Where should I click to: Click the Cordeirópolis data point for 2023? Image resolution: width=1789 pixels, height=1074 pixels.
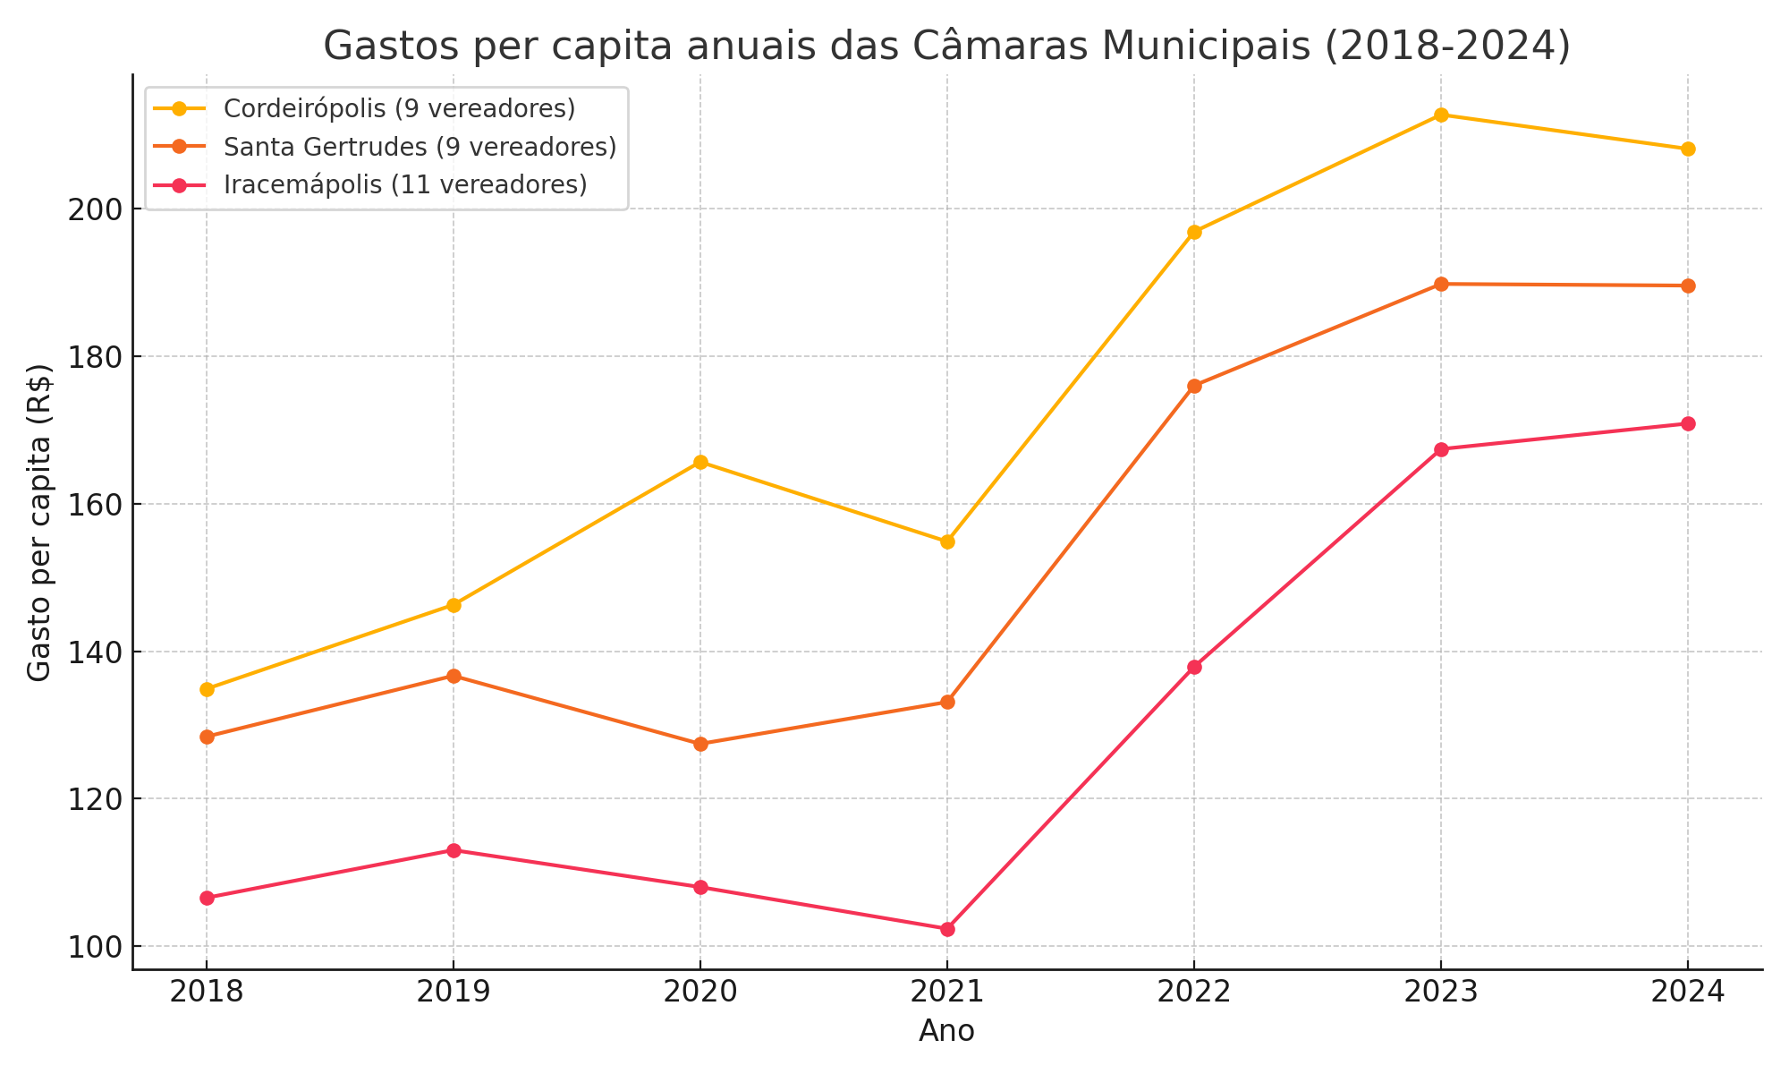click(x=1441, y=115)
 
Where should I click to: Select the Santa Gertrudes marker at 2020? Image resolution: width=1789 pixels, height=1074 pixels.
click(x=700, y=744)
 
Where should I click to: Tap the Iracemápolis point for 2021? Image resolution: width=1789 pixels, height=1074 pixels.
click(x=947, y=929)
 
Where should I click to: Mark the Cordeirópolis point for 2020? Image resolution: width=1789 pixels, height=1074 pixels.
click(x=700, y=462)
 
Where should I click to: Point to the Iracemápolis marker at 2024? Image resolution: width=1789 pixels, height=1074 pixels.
click(x=1688, y=423)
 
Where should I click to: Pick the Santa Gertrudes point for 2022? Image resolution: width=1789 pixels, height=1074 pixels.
click(x=1194, y=386)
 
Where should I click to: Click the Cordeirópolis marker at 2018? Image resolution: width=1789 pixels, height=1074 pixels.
click(x=207, y=689)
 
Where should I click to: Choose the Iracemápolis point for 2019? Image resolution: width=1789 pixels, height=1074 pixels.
click(x=454, y=850)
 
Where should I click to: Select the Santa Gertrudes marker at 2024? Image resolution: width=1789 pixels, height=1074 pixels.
click(x=1688, y=286)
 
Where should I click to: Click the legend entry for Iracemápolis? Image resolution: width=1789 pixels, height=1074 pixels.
click(x=405, y=185)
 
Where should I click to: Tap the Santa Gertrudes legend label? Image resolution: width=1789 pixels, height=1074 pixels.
click(x=420, y=147)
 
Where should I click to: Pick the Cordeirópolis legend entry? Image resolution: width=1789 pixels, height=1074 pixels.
click(x=399, y=108)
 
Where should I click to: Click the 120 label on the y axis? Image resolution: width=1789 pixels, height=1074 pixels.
click(x=94, y=799)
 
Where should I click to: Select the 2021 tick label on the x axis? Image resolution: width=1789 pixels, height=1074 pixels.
click(x=947, y=993)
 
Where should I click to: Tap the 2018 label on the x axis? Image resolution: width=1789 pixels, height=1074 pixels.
click(x=207, y=993)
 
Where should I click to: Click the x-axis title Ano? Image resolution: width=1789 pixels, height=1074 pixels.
click(x=946, y=1031)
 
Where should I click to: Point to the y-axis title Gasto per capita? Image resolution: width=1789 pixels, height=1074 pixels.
click(x=38, y=523)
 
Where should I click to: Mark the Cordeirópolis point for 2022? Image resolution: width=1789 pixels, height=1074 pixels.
click(x=1194, y=232)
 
